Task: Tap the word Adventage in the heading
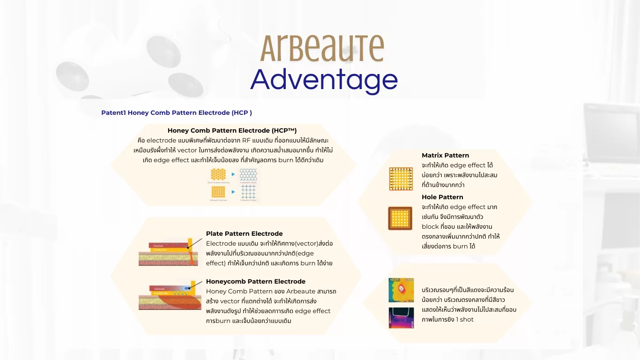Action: point(324,80)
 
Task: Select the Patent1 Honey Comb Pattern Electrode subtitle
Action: point(177,113)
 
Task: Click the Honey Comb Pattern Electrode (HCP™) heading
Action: point(232,131)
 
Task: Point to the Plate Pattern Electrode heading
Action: point(244,233)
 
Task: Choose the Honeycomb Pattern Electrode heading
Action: point(255,281)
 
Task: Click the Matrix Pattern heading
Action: point(445,155)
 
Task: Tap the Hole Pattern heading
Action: point(442,197)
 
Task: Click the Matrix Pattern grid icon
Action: point(401,179)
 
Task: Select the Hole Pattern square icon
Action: point(400,218)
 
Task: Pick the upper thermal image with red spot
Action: point(401,290)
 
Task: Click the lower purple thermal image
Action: point(401,317)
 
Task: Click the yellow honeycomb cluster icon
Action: point(218,175)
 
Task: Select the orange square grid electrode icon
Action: point(218,192)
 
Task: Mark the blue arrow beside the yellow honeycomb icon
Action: point(233,174)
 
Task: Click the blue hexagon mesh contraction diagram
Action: point(248,175)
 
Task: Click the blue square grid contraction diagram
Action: point(248,192)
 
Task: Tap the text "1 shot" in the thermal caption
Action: point(465,320)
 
